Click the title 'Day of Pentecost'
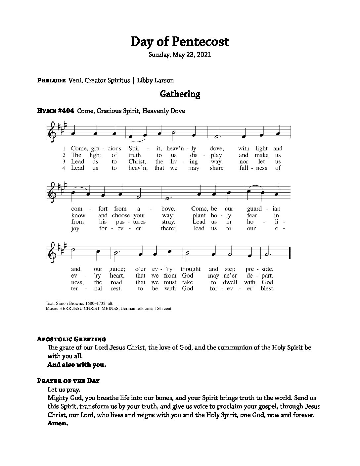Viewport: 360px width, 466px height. (180, 42)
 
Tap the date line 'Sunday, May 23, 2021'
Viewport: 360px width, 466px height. (180, 55)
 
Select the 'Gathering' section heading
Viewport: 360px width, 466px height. (180, 94)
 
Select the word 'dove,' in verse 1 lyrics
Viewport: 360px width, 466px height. (217, 149)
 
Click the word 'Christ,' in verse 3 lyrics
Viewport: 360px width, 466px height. (137, 162)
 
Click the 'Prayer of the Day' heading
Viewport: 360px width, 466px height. (68, 381)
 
